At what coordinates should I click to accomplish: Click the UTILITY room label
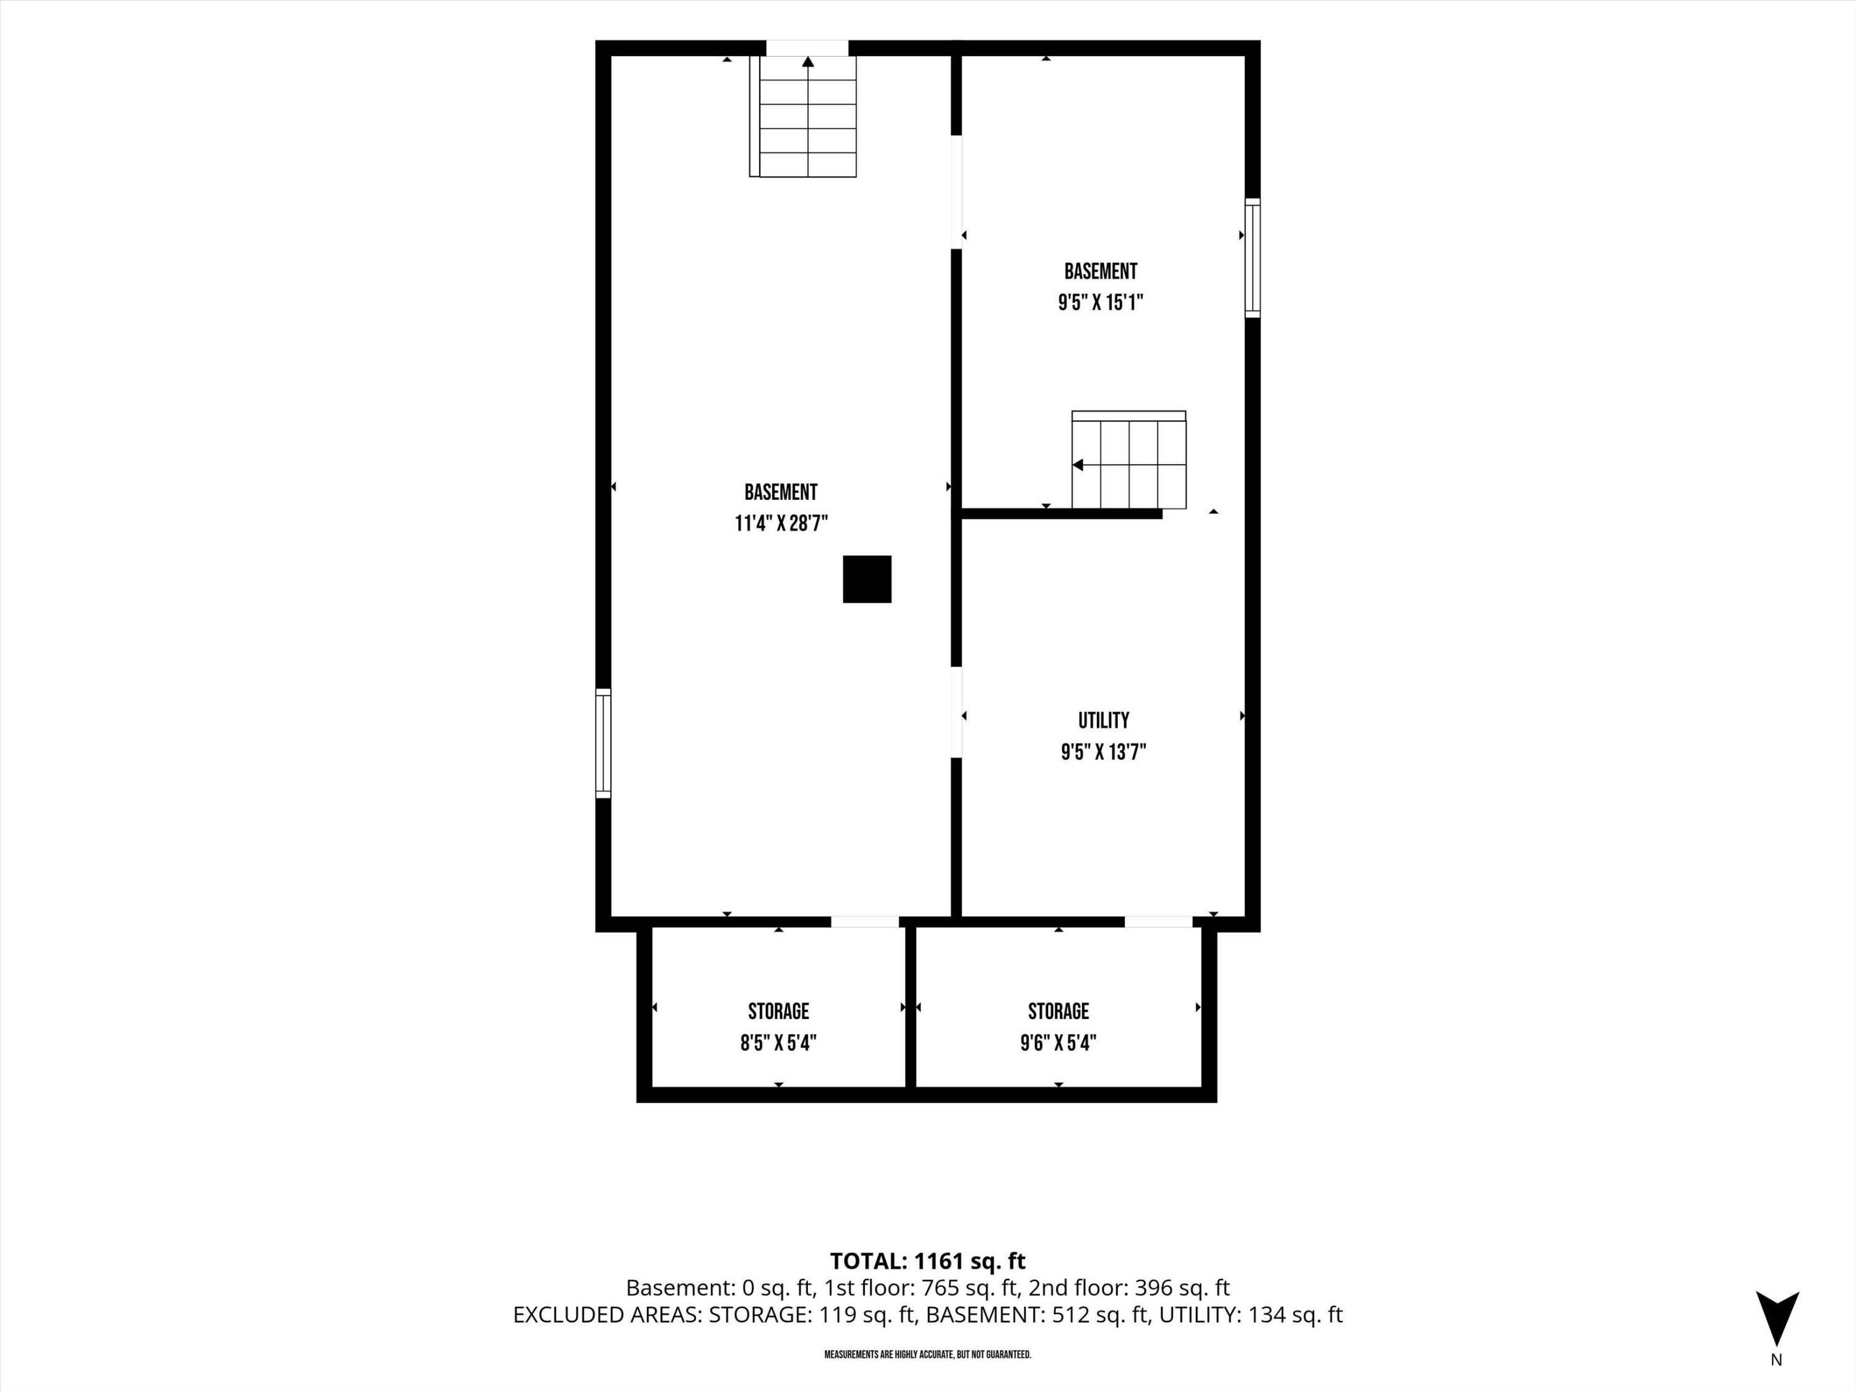[x=1103, y=720]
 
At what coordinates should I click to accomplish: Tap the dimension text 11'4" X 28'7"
[x=781, y=523]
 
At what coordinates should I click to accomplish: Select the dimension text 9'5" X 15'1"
[x=1101, y=302]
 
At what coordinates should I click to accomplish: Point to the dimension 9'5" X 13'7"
[x=1103, y=752]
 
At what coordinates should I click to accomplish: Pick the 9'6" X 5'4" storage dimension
[x=1058, y=1043]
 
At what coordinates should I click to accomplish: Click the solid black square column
[x=867, y=579]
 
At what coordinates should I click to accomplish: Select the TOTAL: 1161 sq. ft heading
[x=928, y=1261]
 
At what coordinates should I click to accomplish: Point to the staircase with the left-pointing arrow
[x=1128, y=460]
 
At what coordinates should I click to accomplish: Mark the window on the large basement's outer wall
[x=603, y=742]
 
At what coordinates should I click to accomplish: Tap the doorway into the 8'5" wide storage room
[x=865, y=921]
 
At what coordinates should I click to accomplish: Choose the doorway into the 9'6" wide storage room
[x=1158, y=921]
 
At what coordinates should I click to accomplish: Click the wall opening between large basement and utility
[x=956, y=712]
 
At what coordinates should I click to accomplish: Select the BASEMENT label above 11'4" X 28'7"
[x=780, y=492]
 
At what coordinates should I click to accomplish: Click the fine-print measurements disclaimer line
[x=928, y=1354]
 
